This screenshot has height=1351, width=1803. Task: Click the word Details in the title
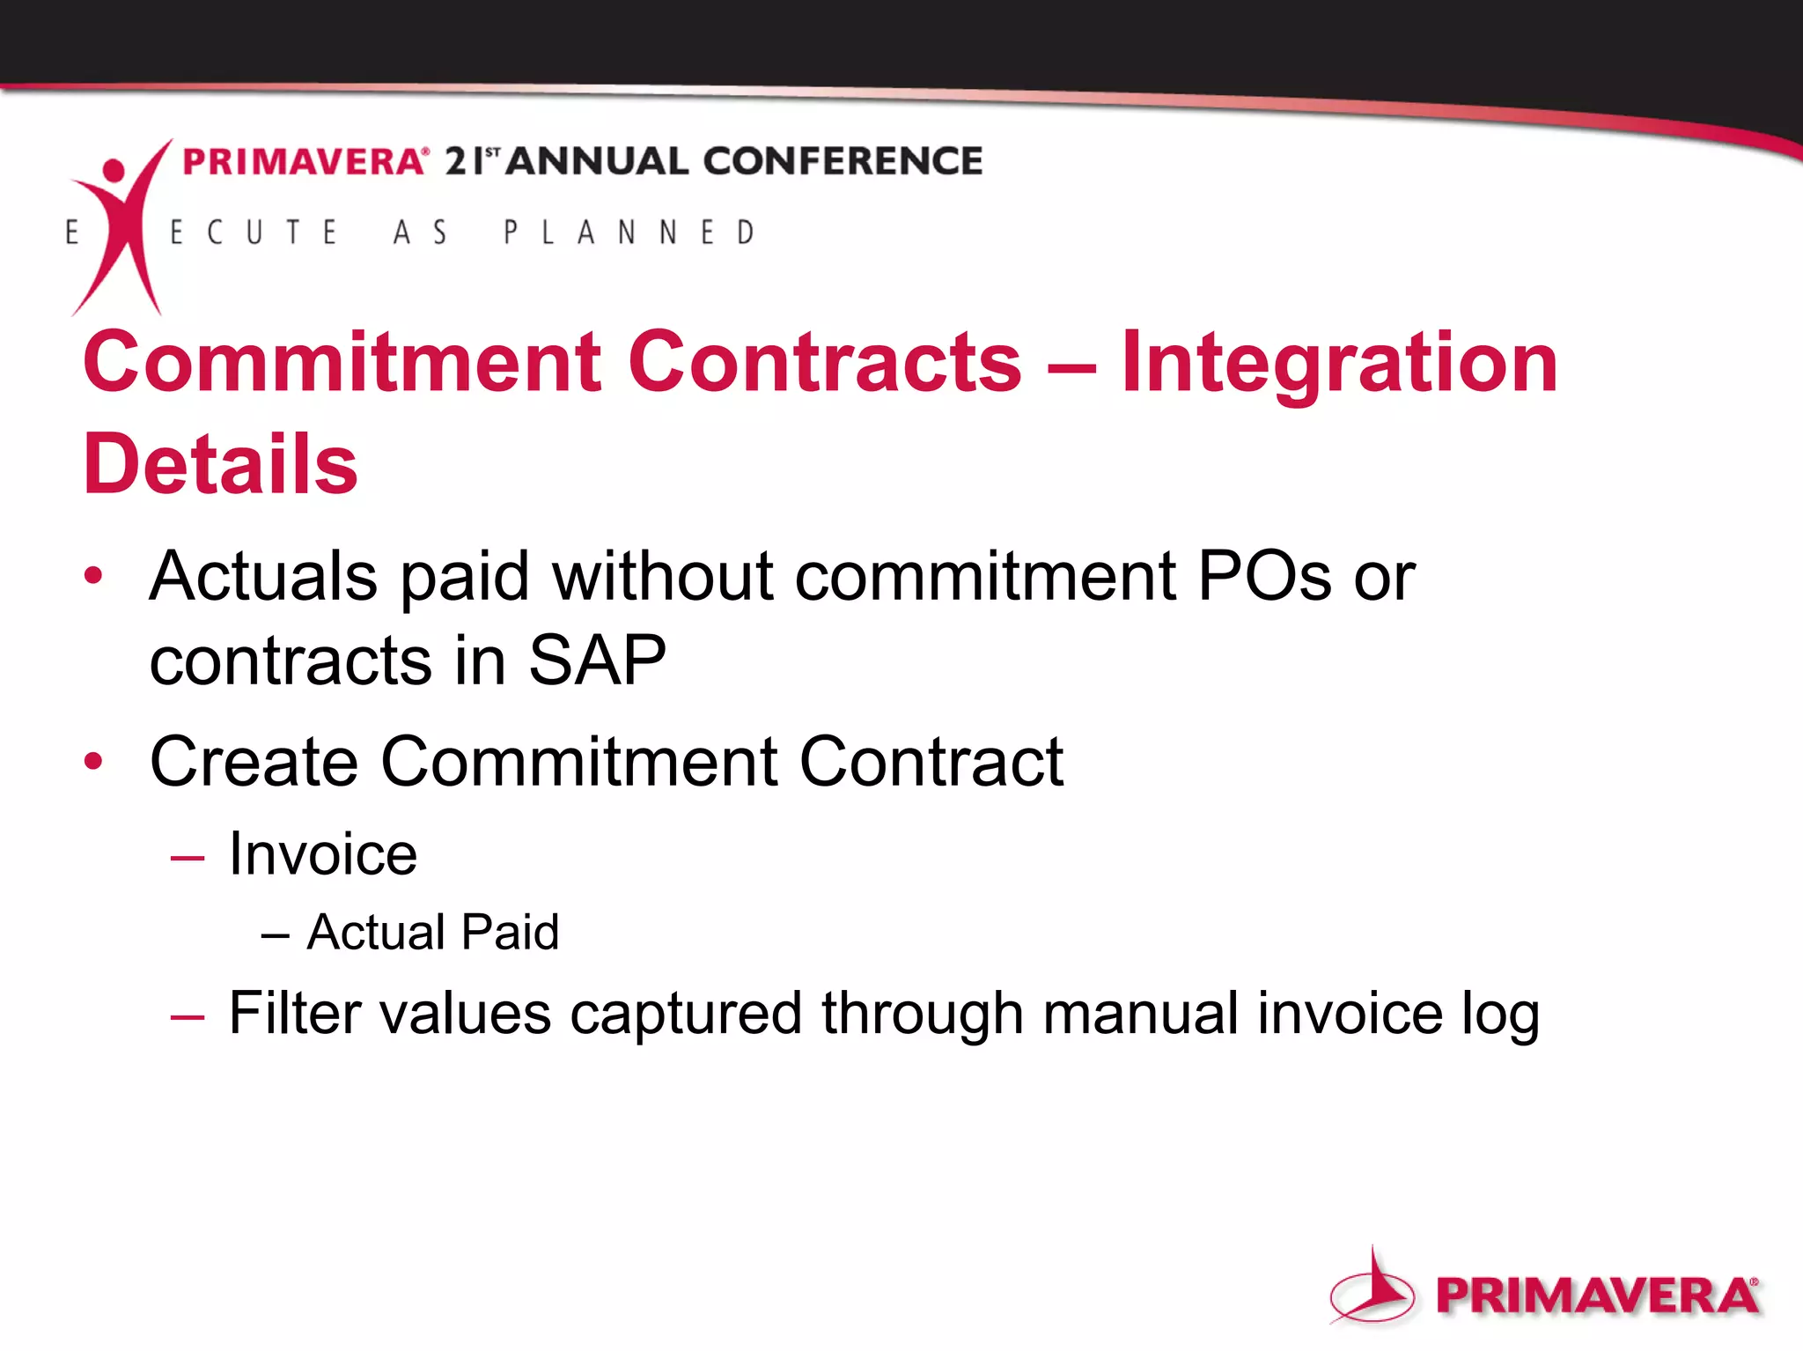click(x=220, y=465)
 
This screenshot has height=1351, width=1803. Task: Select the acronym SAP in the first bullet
click(x=596, y=661)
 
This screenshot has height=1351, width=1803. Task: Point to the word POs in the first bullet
click(x=1264, y=577)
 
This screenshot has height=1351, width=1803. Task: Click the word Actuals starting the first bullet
click(x=264, y=577)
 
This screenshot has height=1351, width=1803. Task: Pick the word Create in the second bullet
click(x=254, y=762)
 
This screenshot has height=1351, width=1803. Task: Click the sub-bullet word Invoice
click(x=322, y=854)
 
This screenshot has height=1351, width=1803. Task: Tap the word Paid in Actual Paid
click(x=510, y=932)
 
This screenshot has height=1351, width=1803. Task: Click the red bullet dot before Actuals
click(x=93, y=577)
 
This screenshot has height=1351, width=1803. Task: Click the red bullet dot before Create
click(x=93, y=761)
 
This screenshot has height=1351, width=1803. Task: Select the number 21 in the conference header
click(x=464, y=161)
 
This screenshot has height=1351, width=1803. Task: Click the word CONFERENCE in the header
click(x=843, y=161)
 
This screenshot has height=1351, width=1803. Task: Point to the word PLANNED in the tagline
click(x=629, y=233)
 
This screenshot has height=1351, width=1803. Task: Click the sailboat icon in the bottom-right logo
click(x=1372, y=1288)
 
